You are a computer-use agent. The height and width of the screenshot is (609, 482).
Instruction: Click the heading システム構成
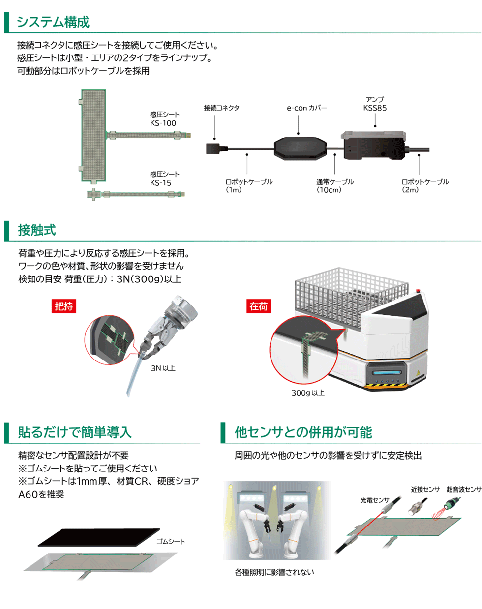coord(53,22)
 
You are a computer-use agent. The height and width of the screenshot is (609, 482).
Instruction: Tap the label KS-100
coord(163,123)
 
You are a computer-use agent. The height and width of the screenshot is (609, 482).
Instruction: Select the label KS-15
coord(160,183)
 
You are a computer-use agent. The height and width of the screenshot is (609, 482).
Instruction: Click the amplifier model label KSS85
coord(375,108)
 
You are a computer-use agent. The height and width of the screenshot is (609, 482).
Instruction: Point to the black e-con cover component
coord(300,148)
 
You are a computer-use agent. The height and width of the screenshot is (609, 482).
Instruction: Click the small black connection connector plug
coord(216,149)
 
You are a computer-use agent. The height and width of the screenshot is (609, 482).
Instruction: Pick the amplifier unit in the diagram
coord(373,145)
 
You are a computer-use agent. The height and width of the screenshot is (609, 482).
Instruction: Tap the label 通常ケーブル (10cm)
coord(334,186)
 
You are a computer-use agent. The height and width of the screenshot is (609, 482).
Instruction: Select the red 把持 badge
coord(64,306)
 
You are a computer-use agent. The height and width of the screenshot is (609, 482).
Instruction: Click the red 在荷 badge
coord(258,306)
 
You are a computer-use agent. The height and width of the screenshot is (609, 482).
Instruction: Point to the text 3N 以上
coord(163,368)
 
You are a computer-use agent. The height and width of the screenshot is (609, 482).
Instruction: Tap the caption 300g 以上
coord(308,393)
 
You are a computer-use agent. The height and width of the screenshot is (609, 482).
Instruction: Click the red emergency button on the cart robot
coord(418,291)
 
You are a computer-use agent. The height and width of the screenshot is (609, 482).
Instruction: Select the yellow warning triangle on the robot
coord(418,372)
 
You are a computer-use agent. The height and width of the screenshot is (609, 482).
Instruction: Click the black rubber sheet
coord(99,537)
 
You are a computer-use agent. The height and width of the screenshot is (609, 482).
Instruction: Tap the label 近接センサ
coord(425,489)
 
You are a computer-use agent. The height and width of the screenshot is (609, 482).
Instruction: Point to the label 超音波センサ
coord(464,489)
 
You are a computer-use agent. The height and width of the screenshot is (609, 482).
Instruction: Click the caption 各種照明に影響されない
coord(274,572)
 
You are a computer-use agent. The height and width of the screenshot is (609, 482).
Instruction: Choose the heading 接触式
coord(37,230)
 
